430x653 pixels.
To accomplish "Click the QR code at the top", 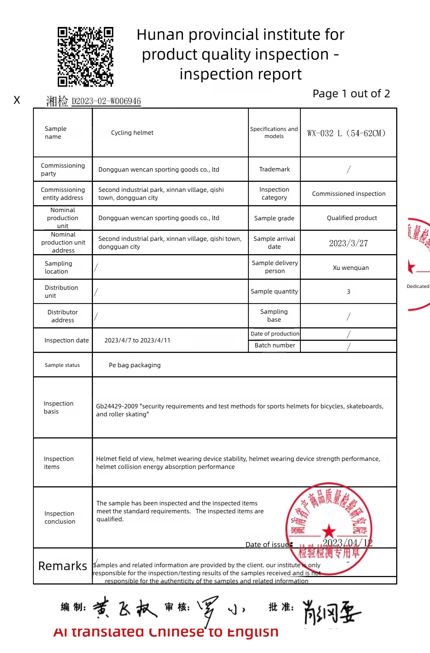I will pyautogui.click(x=86, y=57).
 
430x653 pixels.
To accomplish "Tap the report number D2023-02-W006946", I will pyautogui.click(x=106, y=101).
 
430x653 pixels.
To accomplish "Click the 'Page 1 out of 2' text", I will pyautogui.click(x=351, y=94).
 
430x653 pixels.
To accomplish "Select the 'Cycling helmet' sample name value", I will pyautogui.click(x=132, y=133).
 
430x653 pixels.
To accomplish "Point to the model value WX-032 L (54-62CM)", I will pyautogui.click(x=346, y=133).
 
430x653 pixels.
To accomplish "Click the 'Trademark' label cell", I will pyautogui.click(x=274, y=169).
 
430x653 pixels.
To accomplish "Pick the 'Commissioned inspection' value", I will pyautogui.click(x=349, y=194).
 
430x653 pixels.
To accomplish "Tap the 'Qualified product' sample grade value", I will pyautogui.click(x=352, y=218).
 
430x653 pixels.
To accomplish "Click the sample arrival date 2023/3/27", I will pyautogui.click(x=348, y=243).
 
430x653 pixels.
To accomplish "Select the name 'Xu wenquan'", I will pyautogui.click(x=351, y=268).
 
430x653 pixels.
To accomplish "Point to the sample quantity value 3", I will pyautogui.click(x=348, y=292).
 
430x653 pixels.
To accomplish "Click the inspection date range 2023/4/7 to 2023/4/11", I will pyautogui.click(x=137, y=341).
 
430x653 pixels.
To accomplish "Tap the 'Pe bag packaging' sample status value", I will pyautogui.click(x=134, y=365).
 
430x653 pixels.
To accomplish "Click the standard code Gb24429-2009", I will pyautogui.click(x=117, y=407).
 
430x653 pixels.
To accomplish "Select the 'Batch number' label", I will pyautogui.click(x=275, y=345).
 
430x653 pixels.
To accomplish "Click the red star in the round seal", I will pyautogui.click(x=329, y=531).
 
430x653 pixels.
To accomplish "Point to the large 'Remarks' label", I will pyautogui.click(x=63, y=566).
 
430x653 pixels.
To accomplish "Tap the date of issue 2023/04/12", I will pyautogui.click(x=347, y=543).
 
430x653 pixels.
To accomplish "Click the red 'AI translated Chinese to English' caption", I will pyautogui.click(x=166, y=632).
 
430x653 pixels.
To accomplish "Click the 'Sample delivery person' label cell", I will pyautogui.click(x=275, y=267).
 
